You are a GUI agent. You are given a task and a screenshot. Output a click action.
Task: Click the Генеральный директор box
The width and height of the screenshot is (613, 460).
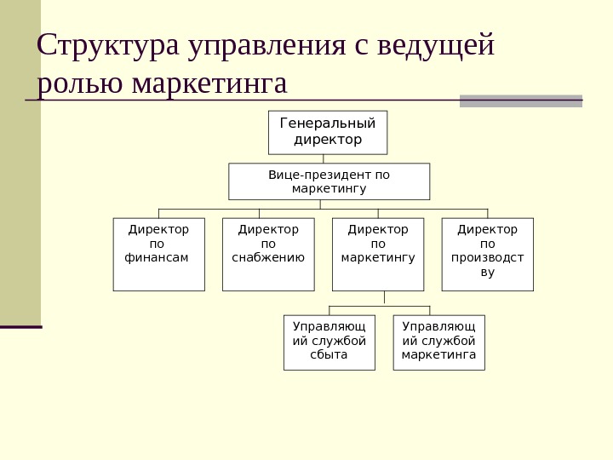(x=328, y=132)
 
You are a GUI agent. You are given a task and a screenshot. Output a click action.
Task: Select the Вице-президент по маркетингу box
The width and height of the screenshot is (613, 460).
(x=329, y=181)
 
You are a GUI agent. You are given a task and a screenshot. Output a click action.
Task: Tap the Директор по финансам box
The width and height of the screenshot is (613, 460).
(x=158, y=254)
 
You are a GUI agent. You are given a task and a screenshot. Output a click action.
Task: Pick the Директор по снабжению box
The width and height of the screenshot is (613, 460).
(x=268, y=254)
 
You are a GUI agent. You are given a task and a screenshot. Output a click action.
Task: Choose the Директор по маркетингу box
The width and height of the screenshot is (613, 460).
(x=378, y=254)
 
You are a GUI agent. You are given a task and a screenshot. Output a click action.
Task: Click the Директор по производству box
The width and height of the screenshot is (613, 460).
(x=487, y=254)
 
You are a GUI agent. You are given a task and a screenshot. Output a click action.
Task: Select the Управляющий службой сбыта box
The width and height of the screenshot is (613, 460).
(x=329, y=342)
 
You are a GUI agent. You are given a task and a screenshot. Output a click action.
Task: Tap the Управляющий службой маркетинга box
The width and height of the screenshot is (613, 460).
(x=438, y=342)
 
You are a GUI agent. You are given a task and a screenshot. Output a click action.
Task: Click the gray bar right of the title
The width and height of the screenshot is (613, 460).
(x=520, y=101)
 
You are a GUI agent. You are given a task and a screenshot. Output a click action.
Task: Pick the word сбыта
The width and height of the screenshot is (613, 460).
(x=329, y=354)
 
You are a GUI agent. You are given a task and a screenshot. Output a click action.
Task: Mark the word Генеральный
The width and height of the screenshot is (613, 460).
(x=328, y=124)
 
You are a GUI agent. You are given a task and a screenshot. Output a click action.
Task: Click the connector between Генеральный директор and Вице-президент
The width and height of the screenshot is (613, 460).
(x=324, y=158)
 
